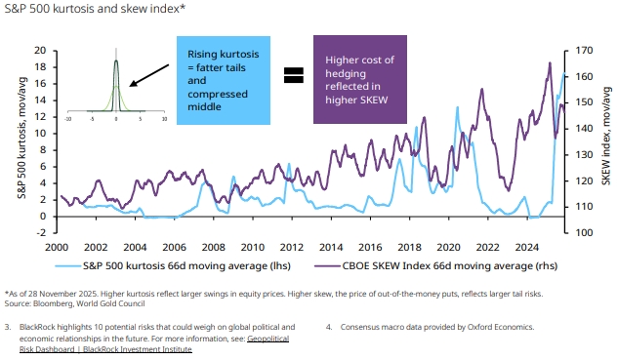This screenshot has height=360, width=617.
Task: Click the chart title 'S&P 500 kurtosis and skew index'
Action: [x=95, y=8]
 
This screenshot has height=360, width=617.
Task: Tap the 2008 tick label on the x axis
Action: [x=213, y=247]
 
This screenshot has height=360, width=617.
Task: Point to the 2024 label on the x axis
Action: [x=527, y=247]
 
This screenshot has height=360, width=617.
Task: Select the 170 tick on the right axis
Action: [x=584, y=51]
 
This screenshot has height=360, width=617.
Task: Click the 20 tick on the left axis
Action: [x=40, y=51]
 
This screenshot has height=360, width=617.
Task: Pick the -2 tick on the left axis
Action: [x=41, y=232]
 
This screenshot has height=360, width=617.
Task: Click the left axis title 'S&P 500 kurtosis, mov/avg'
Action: [x=22, y=138]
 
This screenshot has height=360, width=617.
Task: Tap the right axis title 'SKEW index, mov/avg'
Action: [x=606, y=137]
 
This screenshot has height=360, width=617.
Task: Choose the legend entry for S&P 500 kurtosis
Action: [x=173, y=266]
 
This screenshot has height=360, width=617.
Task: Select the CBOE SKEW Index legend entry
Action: [x=436, y=266]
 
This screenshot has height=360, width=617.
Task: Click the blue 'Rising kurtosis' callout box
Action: [x=224, y=80]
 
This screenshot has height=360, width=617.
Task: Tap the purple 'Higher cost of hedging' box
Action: [x=360, y=79]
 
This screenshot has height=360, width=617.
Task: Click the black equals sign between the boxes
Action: [x=294, y=75]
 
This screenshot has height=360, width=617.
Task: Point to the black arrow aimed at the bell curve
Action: [x=149, y=75]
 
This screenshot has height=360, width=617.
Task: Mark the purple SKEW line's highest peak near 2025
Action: [x=550, y=63]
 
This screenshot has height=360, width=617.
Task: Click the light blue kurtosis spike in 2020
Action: [x=457, y=107]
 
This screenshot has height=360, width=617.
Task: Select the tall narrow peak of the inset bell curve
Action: [x=116, y=60]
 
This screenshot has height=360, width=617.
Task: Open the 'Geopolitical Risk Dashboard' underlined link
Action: [x=154, y=343]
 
